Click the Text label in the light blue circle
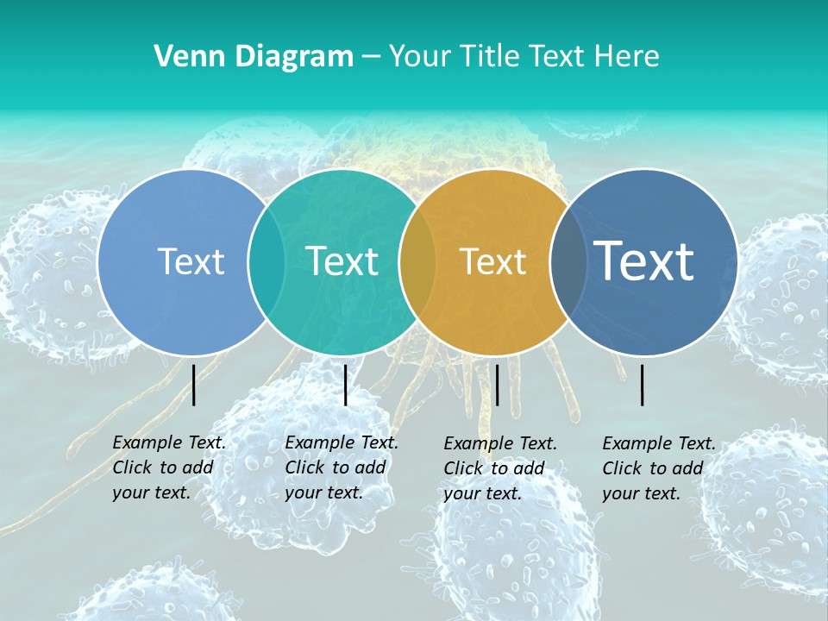pyautogui.click(x=191, y=261)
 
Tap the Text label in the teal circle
pyautogui.click(x=342, y=261)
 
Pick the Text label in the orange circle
pyautogui.click(x=493, y=261)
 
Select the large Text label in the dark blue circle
pyautogui.click(x=644, y=261)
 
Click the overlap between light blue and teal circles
pyautogui.click(x=267, y=262)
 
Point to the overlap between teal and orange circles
pyautogui.click(x=417, y=262)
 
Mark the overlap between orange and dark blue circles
pyautogui.click(x=568, y=262)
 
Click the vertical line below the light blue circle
pyautogui.click(x=194, y=385)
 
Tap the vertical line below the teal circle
pyautogui.click(x=345, y=385)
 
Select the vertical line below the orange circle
pyautogui.click(x=497, y=385)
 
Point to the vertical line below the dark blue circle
pyautogui.click(x=643, y=385)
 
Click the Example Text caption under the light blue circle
pyautogui.click(x=169, y=467)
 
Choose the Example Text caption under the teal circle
pyautogui.click(x=342, y=467)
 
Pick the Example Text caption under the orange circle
pyautogui.click(x=500, y=468)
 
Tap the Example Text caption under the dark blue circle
pyautogui.click(x=659, y=468)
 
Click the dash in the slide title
pyautogui.click(x=371, y=57)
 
